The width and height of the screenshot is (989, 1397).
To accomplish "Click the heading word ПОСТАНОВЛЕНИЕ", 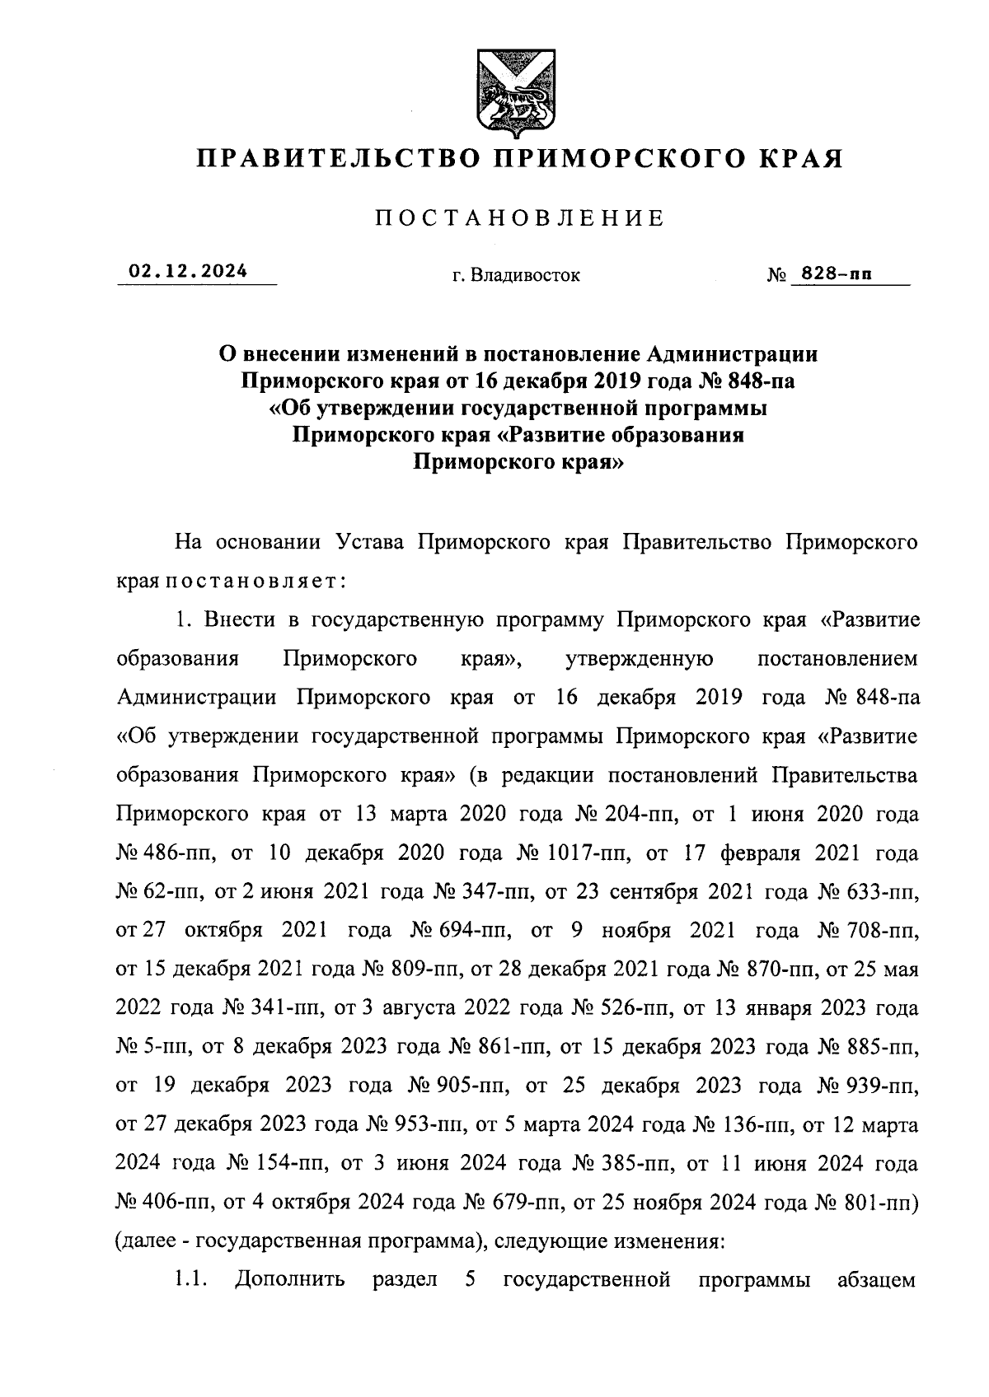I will (519, 218).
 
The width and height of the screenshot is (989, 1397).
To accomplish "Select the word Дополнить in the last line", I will (290, 1280).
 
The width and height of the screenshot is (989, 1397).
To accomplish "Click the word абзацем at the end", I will (876, 1280).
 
